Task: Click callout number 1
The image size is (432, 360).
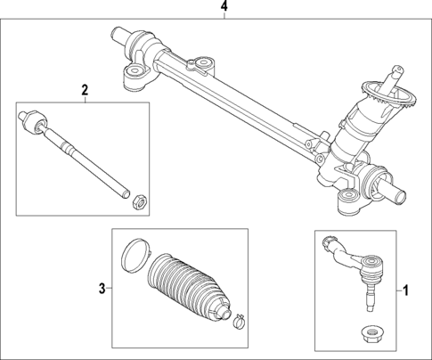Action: click(406, 290)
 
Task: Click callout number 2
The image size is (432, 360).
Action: click(85, 89)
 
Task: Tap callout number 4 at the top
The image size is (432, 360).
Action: click(224, 8)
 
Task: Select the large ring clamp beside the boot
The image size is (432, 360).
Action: click(134, 252)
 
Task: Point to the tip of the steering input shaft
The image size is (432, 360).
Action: click(392, 71)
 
